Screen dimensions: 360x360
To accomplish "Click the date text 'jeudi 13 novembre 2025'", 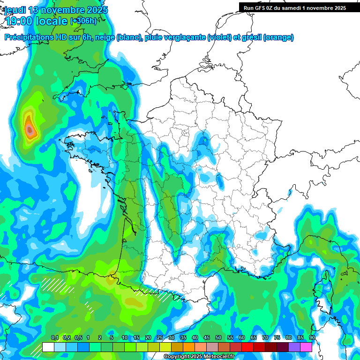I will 56,10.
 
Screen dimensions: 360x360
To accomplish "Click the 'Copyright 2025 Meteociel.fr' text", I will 199,357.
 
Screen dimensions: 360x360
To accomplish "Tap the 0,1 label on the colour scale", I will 55,338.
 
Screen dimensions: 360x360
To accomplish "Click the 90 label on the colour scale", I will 312,338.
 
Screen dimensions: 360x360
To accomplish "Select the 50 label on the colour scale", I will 218,338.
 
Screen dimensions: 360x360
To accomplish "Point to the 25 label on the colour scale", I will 160,338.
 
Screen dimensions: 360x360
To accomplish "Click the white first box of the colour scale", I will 48,347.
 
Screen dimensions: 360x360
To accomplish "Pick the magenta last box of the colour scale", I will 306,347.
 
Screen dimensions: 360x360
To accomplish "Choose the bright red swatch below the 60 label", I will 247,347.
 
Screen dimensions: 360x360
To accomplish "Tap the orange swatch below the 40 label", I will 189,347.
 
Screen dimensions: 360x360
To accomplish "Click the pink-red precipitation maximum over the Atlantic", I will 30,129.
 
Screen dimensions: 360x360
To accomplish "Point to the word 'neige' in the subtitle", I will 105,37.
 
